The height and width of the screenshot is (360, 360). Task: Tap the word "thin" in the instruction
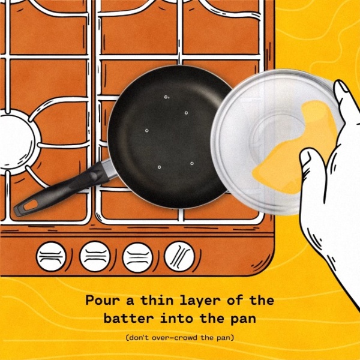click(157, 300)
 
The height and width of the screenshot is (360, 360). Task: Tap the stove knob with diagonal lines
click(179, 256)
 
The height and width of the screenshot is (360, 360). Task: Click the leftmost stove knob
click(51, 256)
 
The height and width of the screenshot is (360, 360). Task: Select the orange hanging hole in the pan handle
click(31, 205)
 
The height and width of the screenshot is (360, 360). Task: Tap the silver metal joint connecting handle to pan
click(110, 169)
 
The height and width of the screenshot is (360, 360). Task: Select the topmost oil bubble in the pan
click(166, 97)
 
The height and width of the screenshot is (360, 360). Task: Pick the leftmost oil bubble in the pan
click(147, 131)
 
